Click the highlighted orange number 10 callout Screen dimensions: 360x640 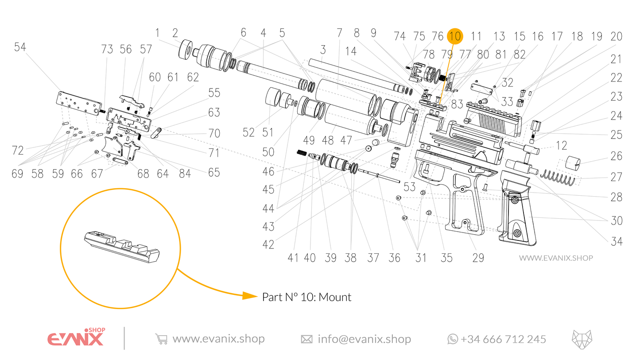[x=454, y=36]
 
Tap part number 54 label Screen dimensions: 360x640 [x=20, y=47]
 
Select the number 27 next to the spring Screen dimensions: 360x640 [x=616, y=178]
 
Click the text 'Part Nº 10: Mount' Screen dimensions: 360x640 [x=306, y=297]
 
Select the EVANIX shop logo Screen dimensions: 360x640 [x=75, y=338]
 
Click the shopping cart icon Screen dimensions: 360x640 [x=161, y=339]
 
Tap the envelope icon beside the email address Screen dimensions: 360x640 [x=306, y=339]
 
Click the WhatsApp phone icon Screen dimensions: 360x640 [x=452, y=339]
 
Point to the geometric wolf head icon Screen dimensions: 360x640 [x=582, y=339]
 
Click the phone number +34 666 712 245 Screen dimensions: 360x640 [x=503, y=339]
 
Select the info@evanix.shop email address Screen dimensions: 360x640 [x=364, y=339]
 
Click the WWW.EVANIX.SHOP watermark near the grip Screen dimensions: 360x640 [x=555, y=258]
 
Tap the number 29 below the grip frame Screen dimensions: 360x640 [x=478, y=258]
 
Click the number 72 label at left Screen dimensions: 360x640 [x=17, y=151]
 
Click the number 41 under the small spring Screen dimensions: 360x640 [x=293, y=258]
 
